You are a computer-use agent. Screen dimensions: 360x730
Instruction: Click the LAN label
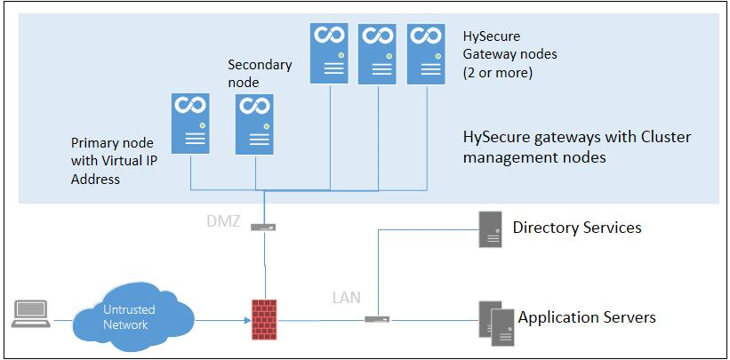345,297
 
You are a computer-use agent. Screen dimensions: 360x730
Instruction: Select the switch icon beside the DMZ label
262,228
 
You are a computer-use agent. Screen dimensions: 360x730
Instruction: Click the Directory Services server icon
490,228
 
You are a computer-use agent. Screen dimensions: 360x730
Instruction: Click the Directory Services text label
577,228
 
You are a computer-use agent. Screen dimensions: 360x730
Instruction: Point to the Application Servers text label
587,317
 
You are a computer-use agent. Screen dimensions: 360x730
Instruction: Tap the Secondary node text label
259,73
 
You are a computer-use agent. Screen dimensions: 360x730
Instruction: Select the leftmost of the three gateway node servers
329,53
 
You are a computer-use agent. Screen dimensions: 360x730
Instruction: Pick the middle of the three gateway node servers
377,53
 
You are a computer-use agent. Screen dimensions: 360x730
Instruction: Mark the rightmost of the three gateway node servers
425,53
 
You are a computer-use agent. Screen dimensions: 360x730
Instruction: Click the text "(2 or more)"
498,72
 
